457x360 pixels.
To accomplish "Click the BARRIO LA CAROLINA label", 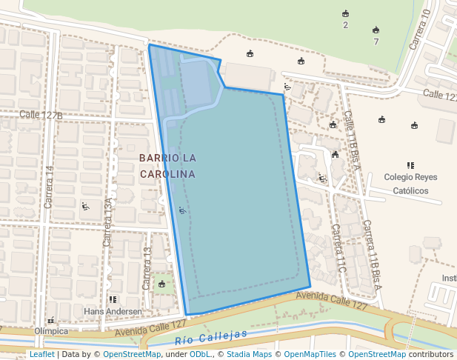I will pos(167,166).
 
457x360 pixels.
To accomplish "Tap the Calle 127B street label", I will pos(41,115).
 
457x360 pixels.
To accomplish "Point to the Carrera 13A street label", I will pos(108,222).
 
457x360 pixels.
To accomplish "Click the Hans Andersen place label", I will pos(113,311).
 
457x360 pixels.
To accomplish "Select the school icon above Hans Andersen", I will pos(113,300).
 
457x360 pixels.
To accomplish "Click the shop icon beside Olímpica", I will pos(50,321).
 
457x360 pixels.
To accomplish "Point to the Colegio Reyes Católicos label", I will pos(410,184).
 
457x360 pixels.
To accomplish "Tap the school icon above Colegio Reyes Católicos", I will pos(410,165).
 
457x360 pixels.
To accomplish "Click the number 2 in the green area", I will pos(345,25).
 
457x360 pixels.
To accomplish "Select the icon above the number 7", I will pos(376,30).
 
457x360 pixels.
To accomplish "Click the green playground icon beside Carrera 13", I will pos(161,284).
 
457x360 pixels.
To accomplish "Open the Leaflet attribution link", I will pos(41,354).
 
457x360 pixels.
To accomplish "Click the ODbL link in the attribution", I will pos(200,354).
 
